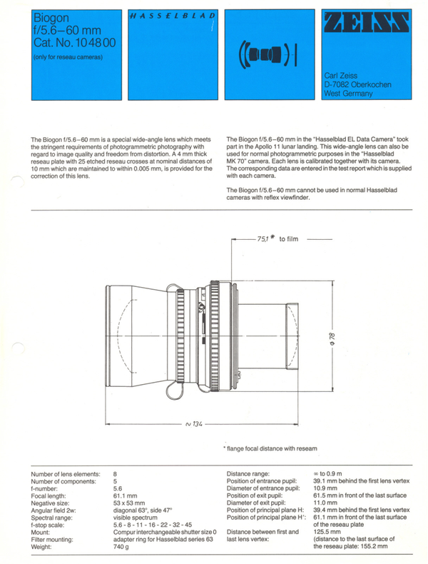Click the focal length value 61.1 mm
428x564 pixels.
click(126, 495)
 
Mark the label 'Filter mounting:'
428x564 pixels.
click(55, 537)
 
